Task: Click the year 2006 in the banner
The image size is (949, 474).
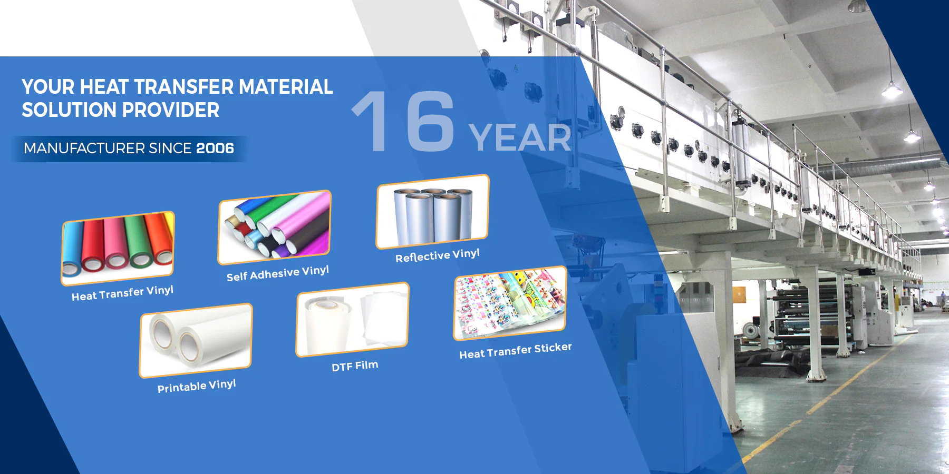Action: [215, 148]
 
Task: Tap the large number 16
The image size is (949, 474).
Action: [403, 122]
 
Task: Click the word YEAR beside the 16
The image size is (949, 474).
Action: [520, 138]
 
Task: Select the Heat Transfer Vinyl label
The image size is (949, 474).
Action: [122, 293]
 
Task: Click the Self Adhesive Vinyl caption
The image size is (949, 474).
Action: [278, 273]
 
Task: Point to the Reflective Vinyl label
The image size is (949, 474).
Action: [438, 255]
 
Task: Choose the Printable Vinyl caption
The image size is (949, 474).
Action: [197, 386]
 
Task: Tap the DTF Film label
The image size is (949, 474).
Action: [355, 366]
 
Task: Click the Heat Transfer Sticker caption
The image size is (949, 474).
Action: [516, 351]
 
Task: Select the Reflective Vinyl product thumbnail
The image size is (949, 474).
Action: [433, 211]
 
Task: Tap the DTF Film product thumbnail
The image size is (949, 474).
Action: [353, 319]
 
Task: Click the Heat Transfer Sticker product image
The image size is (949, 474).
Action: [510, 303]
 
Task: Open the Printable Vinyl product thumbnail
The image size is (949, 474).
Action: [196, 340]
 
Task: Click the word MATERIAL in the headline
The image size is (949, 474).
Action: [286, 87]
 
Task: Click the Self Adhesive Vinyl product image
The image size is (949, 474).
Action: [275, 227]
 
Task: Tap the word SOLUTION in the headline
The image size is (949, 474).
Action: [69, 110]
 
